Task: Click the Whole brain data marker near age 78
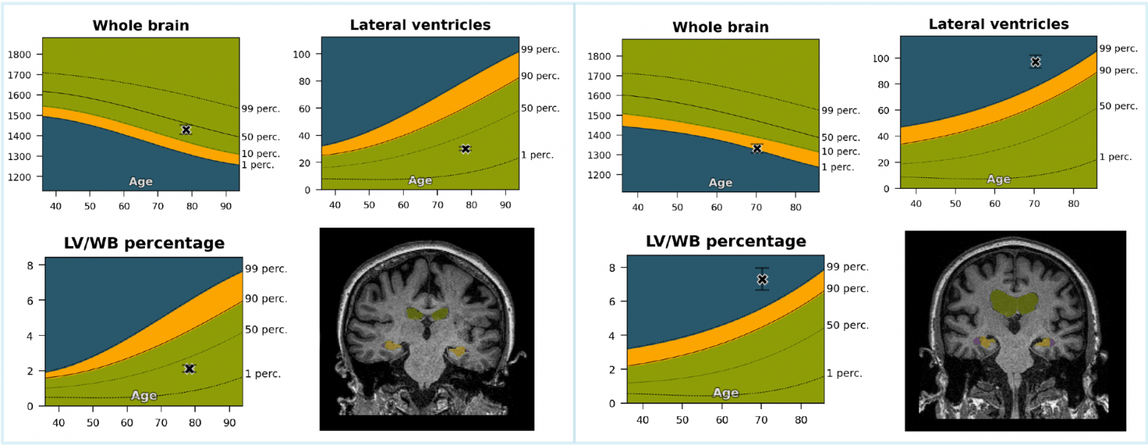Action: coord(186,130)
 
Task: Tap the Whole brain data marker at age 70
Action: coord(757,149)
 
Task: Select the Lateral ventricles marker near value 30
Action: coord(466,149)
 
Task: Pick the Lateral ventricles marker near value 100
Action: coord(1035,62)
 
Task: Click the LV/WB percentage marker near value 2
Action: coord(189,369)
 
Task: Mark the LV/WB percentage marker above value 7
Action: coord(763,279)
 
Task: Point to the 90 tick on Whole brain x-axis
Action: coord(226,206)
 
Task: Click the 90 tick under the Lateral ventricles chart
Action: coord(505,205)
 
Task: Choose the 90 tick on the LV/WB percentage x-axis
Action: coord(230,423)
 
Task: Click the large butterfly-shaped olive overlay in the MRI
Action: coord(1012,302)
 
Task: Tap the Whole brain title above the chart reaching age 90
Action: coord(141,26)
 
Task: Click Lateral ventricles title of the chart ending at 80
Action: coord(998,24)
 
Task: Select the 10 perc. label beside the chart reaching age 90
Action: coord(260,154)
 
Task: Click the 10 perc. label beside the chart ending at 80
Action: coord(840,151)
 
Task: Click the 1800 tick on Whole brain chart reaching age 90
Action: coord(19,55)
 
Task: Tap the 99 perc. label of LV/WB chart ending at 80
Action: coord(847,267)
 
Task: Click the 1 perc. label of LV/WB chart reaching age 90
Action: coord(263,374)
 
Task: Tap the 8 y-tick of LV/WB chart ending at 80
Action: coord(612,268)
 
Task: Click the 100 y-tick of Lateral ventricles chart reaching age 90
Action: coord(301,54)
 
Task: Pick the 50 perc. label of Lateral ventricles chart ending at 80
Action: coord(1119,106)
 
